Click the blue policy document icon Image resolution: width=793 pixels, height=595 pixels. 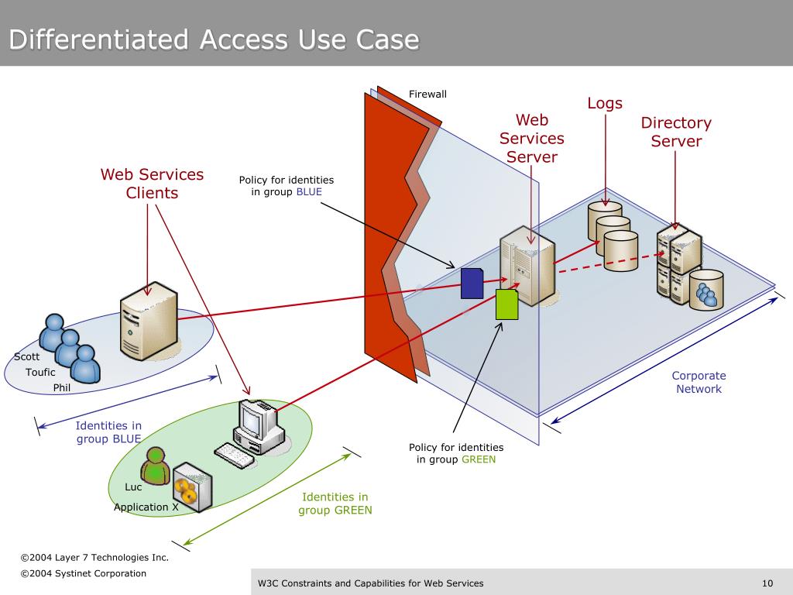(472, 283)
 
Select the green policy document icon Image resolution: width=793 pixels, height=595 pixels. (506, 304)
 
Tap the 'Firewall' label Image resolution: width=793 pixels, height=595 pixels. (427, 95)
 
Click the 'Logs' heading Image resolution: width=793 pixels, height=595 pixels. (605, 103)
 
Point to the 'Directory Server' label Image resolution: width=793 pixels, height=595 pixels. (676, 132)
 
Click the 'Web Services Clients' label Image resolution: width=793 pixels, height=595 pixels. (152, 184)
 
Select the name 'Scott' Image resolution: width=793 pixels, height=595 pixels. (26, 357)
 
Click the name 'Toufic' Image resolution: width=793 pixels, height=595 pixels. (40, 373)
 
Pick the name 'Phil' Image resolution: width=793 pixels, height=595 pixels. (62, 387)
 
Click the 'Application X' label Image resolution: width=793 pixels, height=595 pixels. (146, 507)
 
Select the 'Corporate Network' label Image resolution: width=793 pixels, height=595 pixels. (699, 382)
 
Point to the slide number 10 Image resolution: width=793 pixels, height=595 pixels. (767, 583)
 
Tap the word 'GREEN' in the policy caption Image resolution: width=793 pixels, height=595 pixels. (479, 459)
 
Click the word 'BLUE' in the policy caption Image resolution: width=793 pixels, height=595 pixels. (309, 192)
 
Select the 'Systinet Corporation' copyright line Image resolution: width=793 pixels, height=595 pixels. (83, 573)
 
